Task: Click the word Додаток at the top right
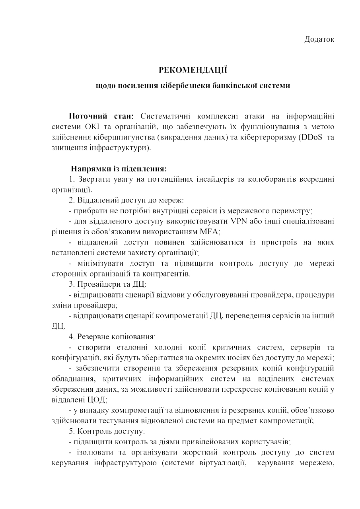(x=319, y=39)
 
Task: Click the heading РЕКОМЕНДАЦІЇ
(x=193, y=70)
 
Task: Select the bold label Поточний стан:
(x=102, y=116)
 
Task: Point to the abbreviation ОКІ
(x=88, y=127)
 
